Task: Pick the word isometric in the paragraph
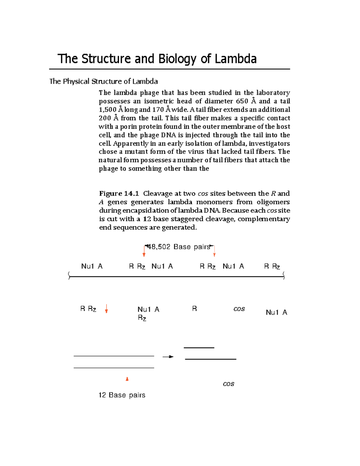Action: click(x=159, y=101)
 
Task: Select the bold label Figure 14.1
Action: click(x=119, y=194)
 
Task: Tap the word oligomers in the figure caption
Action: click(x=273, y=202)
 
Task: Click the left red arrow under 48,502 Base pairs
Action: click(x=144, y=254)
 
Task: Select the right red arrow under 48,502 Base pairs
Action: click(x=214, y=254)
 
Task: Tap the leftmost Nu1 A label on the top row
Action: click(x=92, y=266)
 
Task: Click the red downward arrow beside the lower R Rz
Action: click(x=106, y=309)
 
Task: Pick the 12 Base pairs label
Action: click(x=122, y=395)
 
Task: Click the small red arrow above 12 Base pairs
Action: click(x=127, y=379)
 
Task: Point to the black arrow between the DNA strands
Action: click(x=168, y=357)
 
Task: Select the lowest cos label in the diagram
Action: click(x=228, y=384)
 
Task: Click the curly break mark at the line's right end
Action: click(x=283, y=275)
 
